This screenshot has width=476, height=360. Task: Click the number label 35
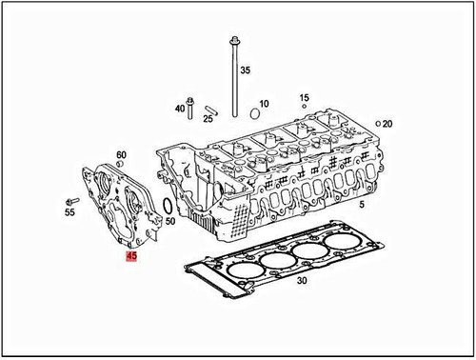245,71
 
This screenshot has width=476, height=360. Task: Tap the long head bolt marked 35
233,76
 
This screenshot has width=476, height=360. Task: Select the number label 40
179,109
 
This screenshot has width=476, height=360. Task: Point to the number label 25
207,120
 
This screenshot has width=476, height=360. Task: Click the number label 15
304,98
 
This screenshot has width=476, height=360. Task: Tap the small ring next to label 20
378,125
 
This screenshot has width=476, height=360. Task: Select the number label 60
121,154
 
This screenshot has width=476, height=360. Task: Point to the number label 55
69,214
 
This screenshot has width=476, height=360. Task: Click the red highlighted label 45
131,256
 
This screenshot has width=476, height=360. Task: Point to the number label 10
265,104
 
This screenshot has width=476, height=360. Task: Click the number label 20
387,125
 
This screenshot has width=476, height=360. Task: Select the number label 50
169,222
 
